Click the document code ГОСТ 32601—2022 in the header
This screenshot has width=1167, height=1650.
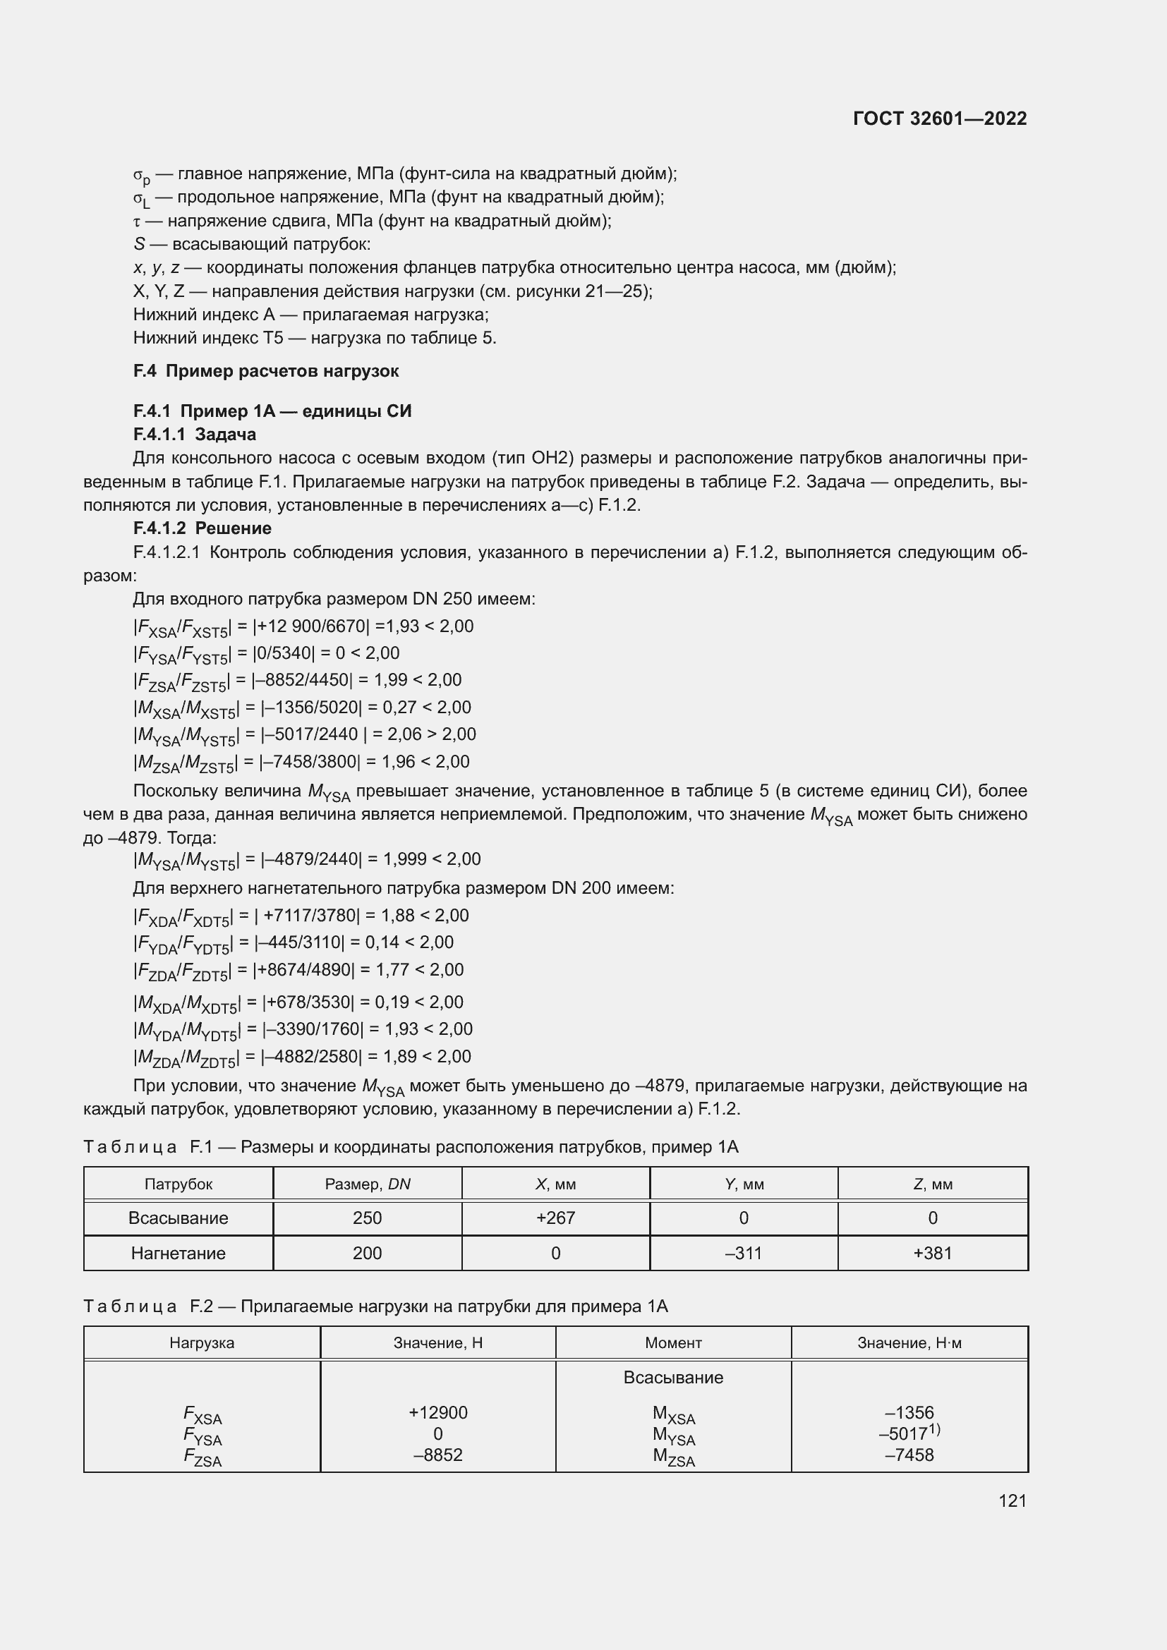(939, 119)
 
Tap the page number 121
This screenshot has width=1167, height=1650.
(1012, 1500)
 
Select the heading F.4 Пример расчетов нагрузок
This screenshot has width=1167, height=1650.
(266, 372)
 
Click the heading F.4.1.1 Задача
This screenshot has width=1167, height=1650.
(195, 434)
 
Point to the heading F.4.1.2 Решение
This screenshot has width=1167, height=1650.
(202, 528)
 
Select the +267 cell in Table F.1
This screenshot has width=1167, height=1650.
(555, 1218)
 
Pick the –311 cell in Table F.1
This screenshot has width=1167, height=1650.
(743, 1254)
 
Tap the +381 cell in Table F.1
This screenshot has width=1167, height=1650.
(932, 1254)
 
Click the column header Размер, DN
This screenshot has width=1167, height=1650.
(367, 1184)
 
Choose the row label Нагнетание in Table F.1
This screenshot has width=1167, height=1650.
(179, 1254)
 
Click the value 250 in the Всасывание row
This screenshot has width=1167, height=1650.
(367, 1218)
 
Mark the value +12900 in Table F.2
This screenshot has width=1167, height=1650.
(437, 1413)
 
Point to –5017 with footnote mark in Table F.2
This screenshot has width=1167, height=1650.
(908, 1433)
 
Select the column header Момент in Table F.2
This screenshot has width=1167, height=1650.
(672, 1343)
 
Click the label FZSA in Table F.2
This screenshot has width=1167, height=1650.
(202, 1456)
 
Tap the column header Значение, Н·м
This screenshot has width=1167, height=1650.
(909, 1343)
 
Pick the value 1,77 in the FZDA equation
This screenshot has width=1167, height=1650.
(393, 970)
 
